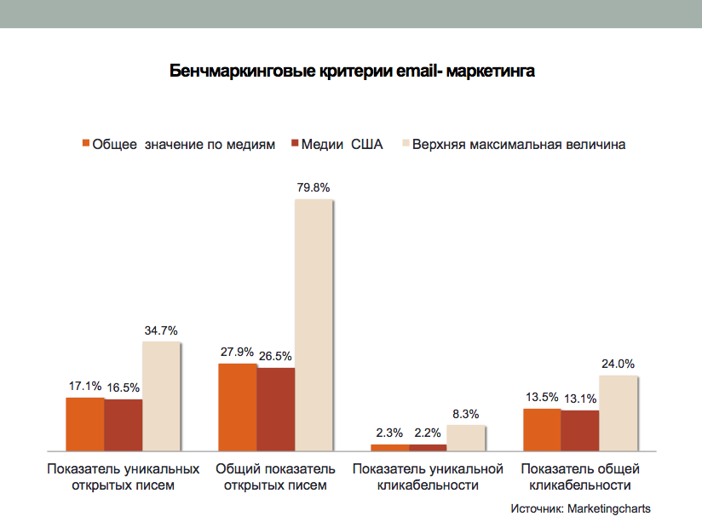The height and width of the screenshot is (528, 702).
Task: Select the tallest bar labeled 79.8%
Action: pyautogui.click(x=314, y=324)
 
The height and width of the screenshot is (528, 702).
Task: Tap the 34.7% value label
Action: pyautogui.click(x=162, y=331)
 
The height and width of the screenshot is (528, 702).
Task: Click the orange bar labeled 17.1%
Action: pyautogui.click(x=85, y=423)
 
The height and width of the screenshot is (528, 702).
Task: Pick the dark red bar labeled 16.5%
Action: pyautogui.click(x=124, y=424)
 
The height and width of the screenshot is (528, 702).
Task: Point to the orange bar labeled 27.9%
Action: pyautogui.click(x=238, y=406)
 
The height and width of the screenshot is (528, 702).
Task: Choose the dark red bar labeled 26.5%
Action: pyautogui.click(x=276, y=409)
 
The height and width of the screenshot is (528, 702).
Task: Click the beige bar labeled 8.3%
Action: pyautogui.click(x=466, y=437)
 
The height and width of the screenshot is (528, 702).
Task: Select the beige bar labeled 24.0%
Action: pyautogui.click(x=619, y=412)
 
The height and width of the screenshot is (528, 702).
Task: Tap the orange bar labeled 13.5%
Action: pyautogui.click(x=542, y=429)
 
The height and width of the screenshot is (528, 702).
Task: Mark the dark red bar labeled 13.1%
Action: pyautogui.click(x=580, y=430)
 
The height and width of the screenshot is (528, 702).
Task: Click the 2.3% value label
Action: pyautogui.click(x=389, y=433)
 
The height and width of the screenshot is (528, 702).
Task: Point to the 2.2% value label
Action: pyautogui.click(x=427, y=433)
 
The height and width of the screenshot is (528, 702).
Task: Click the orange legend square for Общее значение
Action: pyautogui.click(x=85, y=144)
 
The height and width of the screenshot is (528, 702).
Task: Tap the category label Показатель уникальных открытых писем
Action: pyautogui.click(x=124, y=477)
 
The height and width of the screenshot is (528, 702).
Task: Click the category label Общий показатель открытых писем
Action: pyautogui.click(x=275, y=477)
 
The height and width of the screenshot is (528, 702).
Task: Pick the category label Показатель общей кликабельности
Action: pyautogui.click(x=580, y=477)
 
